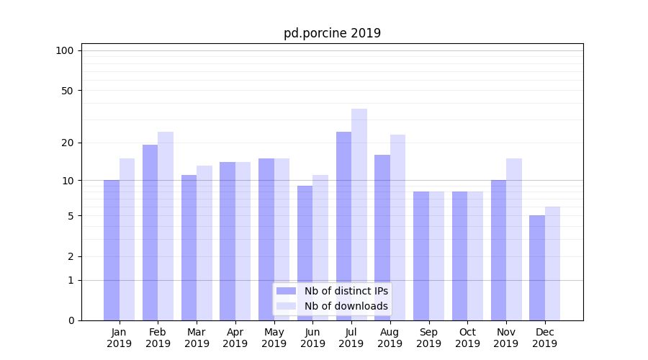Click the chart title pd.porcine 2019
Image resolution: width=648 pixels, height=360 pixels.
[x=332, y=33]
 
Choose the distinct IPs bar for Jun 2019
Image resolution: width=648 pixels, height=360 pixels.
[x=305, y=253]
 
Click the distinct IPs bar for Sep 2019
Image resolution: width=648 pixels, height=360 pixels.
[x=421, y=256]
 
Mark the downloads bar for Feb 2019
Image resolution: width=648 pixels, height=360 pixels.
[x=166, y=226]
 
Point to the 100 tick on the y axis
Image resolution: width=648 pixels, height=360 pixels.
[x=65, y=50]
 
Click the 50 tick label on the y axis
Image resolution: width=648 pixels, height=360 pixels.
[x=67, y=91]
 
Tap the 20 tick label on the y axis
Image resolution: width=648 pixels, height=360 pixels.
[x=67, y=143]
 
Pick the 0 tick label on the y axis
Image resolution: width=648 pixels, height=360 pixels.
[x=71, y=320]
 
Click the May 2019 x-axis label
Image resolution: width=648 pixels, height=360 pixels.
[x=274, y=338]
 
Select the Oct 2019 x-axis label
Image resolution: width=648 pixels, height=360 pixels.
[x=467, y=338]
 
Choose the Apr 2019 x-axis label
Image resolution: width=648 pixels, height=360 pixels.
[x=235, y=338]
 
